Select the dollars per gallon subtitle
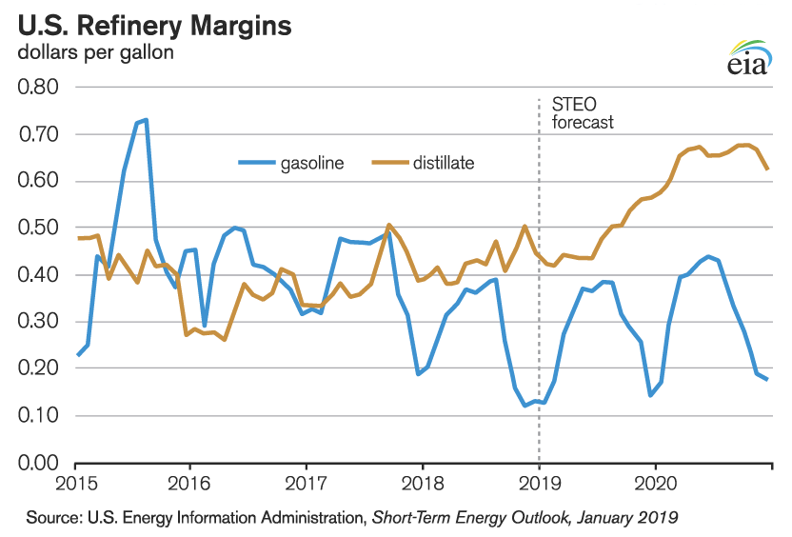pyautogui.click(x=96, y=52)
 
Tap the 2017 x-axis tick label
pyautogui.click(x=307, y=485)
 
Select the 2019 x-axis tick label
pyautogui.click(x=540, y=485)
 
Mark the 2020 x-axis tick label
pyautogui.click(x=656, y=485)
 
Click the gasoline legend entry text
pyautogui.click(x=311, y=164)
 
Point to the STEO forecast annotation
pyautogui.click(x=583, y=113)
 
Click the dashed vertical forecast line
pyautogui.click(x=540, y=286)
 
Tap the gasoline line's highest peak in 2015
pyautogui.click(x=146, y=120)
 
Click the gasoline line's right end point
pyautogui.click(x=767, y=379)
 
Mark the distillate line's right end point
pyautogui.click(x=767, y=169)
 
